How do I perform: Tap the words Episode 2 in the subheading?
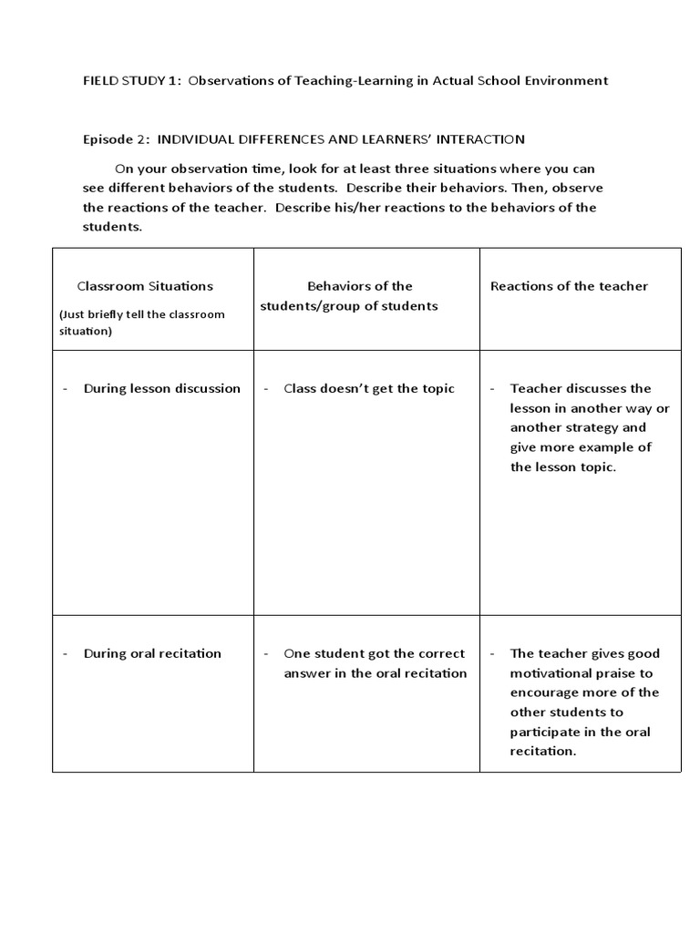(x=116, y=138)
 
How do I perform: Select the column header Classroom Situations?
(x=145, y=286)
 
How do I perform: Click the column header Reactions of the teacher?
(x=569, y=286)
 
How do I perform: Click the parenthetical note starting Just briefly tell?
(x=141, y=323)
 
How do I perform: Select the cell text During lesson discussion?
(x=162, y=388)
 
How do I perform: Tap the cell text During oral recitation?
(x=152, y=653)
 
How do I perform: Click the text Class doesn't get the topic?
(x=368, y=388)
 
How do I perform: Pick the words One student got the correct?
(x=374, y=653)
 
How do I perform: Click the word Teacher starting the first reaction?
(x=535, y=388)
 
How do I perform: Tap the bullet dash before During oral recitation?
(x=66, y=653)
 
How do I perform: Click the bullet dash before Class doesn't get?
(x=266, y=388)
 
